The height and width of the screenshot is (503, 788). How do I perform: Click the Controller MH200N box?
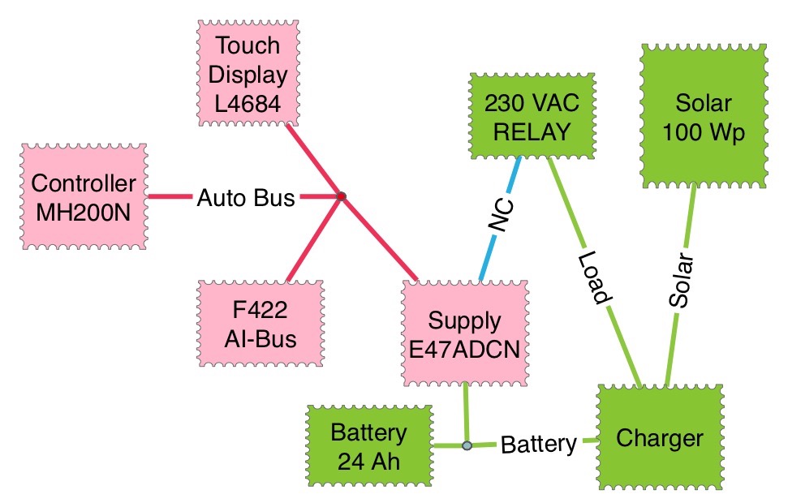click(84, 197)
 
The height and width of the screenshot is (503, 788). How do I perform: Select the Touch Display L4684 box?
click(248, 74)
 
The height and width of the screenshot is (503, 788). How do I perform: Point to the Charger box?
click(659, 439)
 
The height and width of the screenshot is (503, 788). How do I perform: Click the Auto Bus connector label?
click(246, 197)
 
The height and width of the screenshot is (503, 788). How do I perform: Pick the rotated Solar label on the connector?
click(682, 282)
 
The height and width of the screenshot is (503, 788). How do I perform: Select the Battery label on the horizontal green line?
click(538, 444)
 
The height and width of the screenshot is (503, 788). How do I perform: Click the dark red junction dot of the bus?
click(342, 196)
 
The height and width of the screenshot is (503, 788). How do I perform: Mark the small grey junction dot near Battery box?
click(467, 445)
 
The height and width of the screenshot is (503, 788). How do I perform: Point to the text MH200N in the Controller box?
click(84, 211)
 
